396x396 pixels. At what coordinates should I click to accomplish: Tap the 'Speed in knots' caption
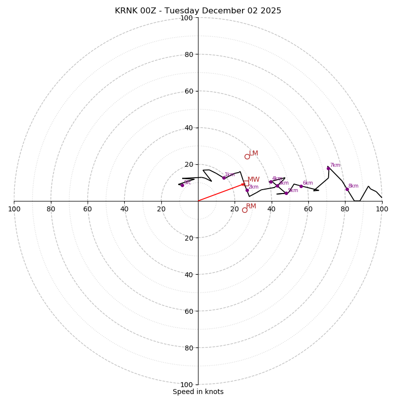pyautogui.click(x=198, y=392)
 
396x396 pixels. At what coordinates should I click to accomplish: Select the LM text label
pyautogui.click(x=253, y=153)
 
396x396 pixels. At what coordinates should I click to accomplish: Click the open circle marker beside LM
pyautogui.click(x=247, y=156)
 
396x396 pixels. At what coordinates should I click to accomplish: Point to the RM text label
pyautogui.click(x=251, y=206)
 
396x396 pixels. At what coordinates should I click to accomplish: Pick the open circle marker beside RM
pyautogui.click(x=245, y=210)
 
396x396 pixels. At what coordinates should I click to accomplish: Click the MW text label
pyautogui.click(x=253, y=180)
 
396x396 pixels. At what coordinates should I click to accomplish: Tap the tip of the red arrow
pyautogui.click(x=245, y=184)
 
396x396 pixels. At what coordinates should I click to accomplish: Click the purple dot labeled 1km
pyautogui.click(x=224, y=178)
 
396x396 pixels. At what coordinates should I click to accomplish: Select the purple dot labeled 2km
pyautogui.click(x=247, y=190)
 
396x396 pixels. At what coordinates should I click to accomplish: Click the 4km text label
pyautogui.click(x=277, y=179)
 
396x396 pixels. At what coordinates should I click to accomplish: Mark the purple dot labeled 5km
pyautogui.click(x=286, y=193)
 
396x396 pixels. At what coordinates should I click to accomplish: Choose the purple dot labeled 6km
pyautogui.click(x=301, y=186)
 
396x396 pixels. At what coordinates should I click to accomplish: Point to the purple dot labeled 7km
pyautogui.click(x=328, y=168)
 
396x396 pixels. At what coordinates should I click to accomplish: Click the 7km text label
pyautogui.click(x=335, y=165)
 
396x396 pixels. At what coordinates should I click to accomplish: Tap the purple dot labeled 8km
pyautogui.click(x=347, y=189)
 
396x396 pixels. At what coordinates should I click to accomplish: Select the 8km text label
pyautogui.click(x=353, y=186)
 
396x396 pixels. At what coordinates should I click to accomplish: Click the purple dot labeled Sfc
pyautogui.click(x=182, y=185)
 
